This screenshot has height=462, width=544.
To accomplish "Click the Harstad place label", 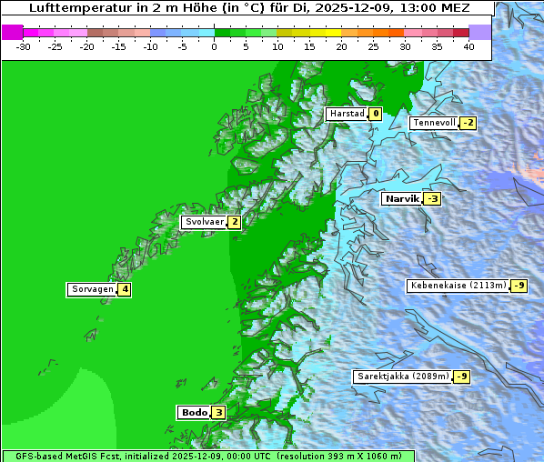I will [x=347, y=114].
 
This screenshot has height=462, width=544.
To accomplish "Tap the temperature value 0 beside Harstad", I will [x=375, y=114].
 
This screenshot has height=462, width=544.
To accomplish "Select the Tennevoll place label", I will [x=434, y=123].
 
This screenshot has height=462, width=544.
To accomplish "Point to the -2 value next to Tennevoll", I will [x=468, y=123].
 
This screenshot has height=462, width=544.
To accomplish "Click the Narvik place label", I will [x=401, y=198].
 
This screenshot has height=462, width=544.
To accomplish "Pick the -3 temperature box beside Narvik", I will [x=432, y=198].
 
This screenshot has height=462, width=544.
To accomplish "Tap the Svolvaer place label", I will [x=204, y=222].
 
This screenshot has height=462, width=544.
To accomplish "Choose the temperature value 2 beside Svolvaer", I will [x=234, y=222].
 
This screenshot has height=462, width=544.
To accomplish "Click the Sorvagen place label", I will [x=92, y=290].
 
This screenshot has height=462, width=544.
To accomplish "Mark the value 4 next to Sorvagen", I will [x=125, y=290].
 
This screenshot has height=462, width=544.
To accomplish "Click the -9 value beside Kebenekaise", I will [x=519, y=286].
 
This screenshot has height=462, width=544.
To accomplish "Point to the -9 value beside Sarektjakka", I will [x=461, y=377].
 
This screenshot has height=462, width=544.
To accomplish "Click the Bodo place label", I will [x=194, y=413].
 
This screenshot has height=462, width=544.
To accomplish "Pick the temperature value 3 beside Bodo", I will [x=218, y=413].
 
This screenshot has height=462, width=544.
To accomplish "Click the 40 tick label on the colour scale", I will [x=468, y=46].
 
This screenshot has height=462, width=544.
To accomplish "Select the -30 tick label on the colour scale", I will [x=24, y=46].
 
